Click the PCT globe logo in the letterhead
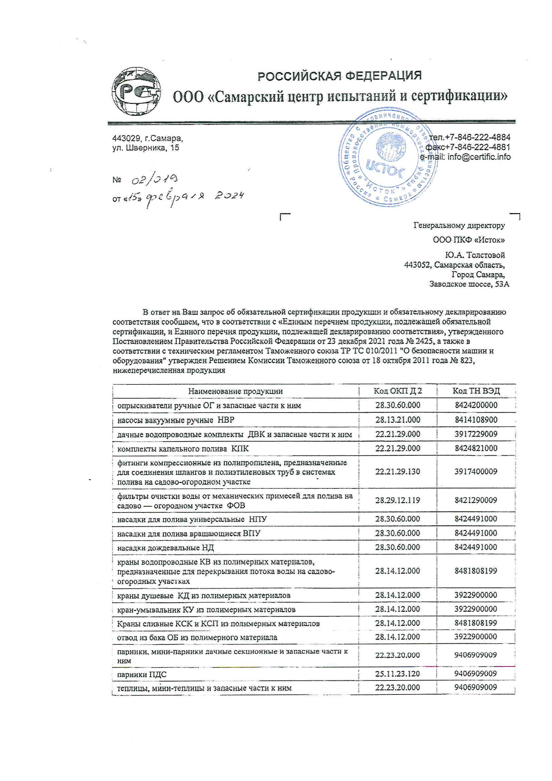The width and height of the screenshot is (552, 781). pyautogui.click(x=137, y=91)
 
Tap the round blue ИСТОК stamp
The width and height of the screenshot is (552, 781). pyautogui.click(x=387, y=156)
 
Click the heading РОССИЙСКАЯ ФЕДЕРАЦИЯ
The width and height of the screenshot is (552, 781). pyautogui.click(x=339, y=75)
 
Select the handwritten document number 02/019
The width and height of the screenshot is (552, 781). pyautogui.click(x=154, y=179)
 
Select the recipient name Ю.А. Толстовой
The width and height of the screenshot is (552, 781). pyautogui.click(x=475, y=255)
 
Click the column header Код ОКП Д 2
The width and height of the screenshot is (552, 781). pyautogui.click(x=398, y=391)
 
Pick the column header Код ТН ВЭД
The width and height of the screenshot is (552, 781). pyautogui.click(x=476, y=391)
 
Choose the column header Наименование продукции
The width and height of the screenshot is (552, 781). pyautogui.click(x=235, y=391)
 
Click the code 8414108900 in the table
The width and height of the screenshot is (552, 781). pyautogui.click(x=476, y=420)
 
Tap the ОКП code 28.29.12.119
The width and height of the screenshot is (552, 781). pyautogui.click(x=398, y=500)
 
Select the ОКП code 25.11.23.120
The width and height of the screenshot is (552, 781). pyautogui.click(x=398, y=673)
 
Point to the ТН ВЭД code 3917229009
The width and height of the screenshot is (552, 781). pyautogui.click(x=476, y=434)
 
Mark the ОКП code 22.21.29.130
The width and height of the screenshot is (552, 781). pyautogui.click(x=398, y=472)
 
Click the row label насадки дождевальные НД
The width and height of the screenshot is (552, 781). pyautogui.click(x=165, y=548)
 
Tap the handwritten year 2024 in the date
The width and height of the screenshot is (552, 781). pyautogui.click(x=229, y=196)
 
